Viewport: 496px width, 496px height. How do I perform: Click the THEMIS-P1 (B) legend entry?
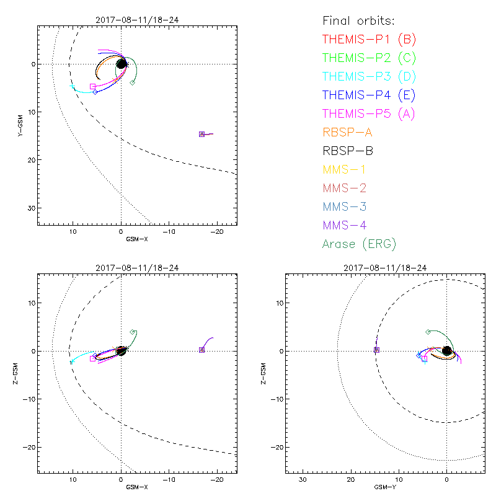[x=369, y=40]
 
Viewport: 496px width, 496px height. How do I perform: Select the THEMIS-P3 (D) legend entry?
[x=369, y=77]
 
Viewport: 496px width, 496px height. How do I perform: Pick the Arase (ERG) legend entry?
[x=359, y=244]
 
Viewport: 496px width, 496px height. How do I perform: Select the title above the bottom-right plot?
[x=385, y=268]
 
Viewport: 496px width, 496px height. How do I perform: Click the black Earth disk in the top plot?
[x=122, y=63]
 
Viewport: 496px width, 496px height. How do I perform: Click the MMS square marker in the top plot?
[x=201, y=134]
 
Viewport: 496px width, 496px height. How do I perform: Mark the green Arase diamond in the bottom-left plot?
[x=133, y=332]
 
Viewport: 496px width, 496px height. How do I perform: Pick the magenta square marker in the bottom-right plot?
[x=424, y=358]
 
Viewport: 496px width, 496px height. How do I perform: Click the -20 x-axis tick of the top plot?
[x=217, y=231]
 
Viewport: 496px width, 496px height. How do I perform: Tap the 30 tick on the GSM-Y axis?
[x=303, y=480]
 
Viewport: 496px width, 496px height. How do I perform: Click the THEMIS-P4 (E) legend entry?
[x=369, y=95]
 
